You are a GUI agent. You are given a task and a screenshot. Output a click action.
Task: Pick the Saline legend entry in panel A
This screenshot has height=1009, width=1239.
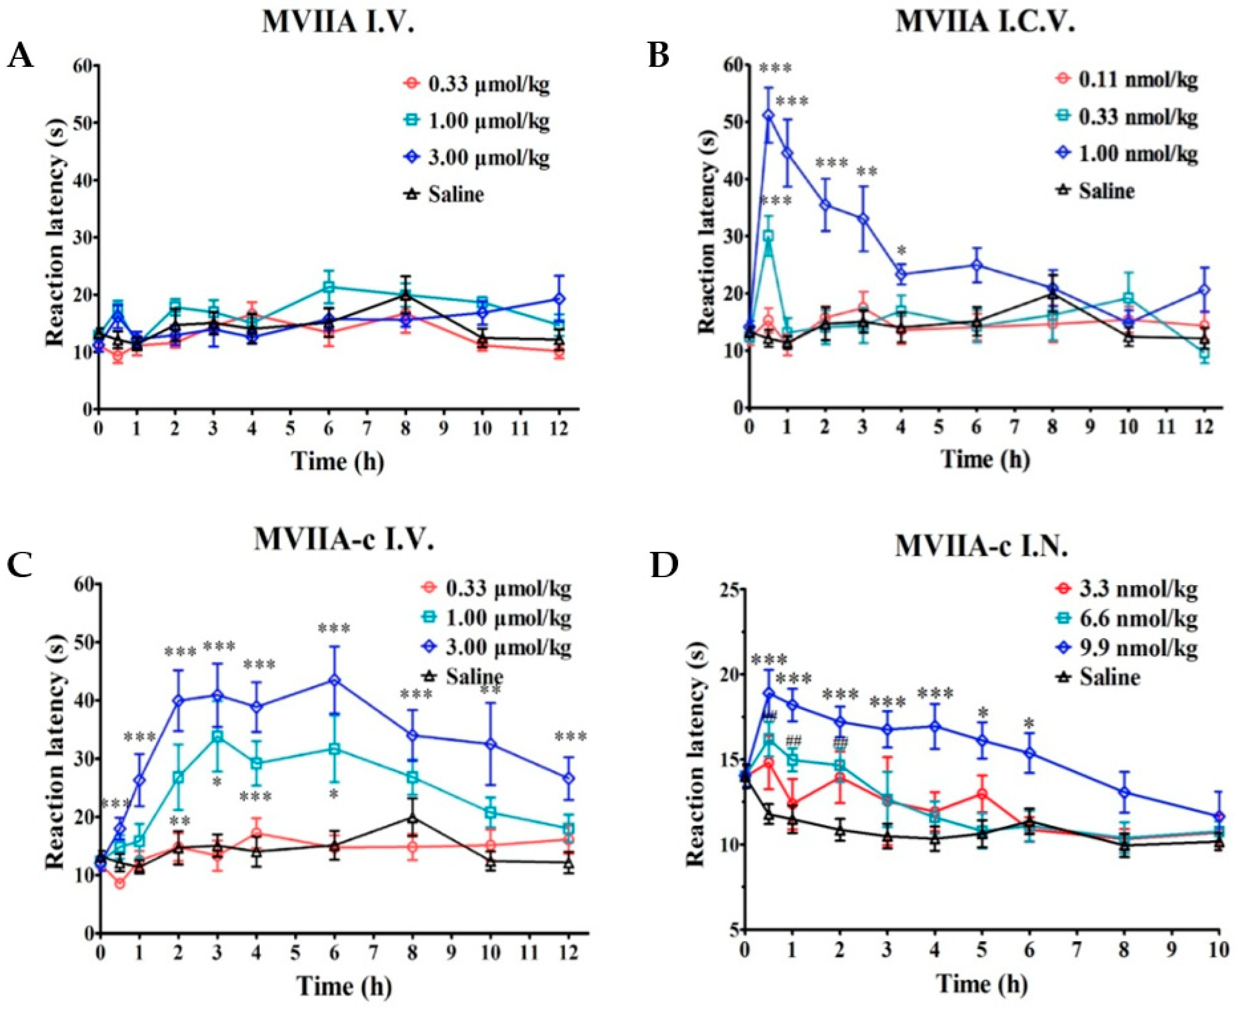pyautogui.click(x=456, y=194)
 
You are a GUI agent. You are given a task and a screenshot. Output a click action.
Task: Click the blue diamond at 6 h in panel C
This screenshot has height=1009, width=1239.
pyautogui.click(x=335, y=680)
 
